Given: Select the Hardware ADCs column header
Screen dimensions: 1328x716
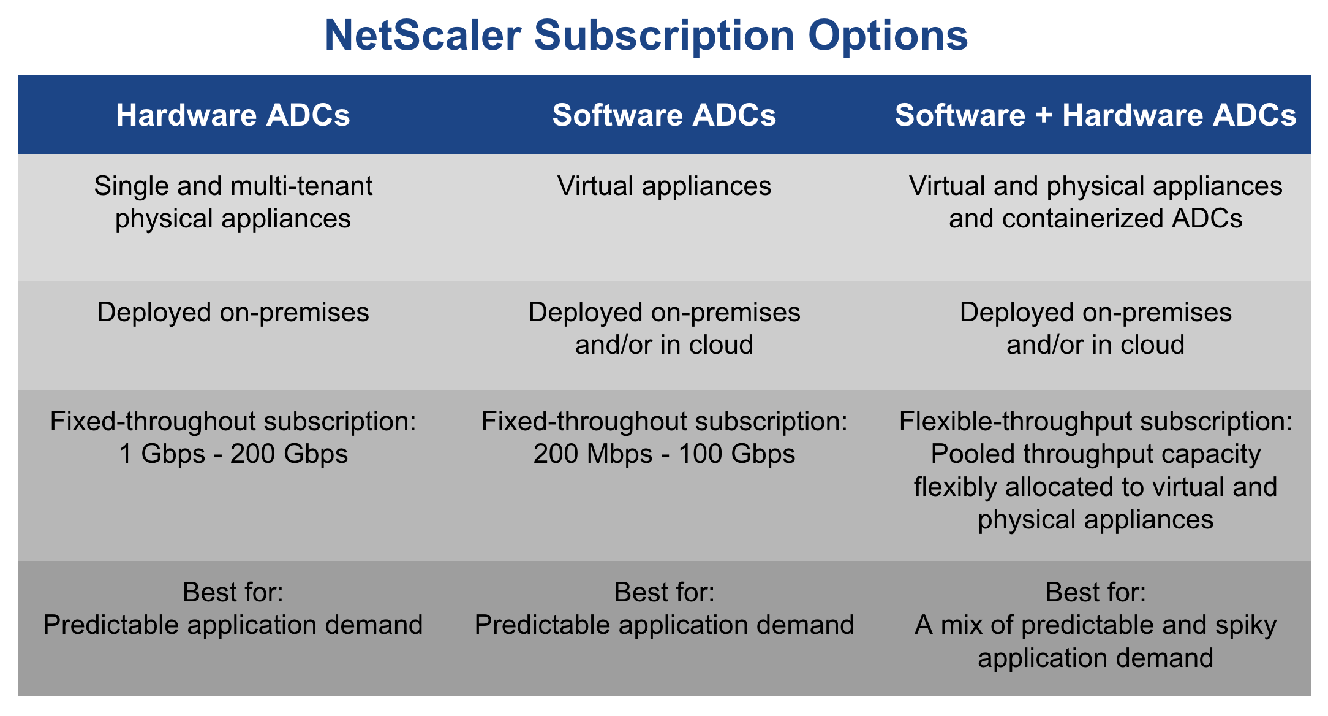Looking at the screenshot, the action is click(x=233, y=115).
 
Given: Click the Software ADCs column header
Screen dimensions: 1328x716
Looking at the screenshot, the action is click(x=664, y=115).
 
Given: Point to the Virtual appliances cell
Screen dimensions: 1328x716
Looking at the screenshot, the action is click(x=664, y=186).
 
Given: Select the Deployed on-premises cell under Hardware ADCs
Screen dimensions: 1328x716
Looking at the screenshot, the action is click(x=233, y=313).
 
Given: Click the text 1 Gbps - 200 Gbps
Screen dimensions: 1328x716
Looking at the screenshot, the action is click(x=233, y=454).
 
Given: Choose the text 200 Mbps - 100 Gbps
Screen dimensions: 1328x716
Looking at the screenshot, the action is click(x=664, y=454).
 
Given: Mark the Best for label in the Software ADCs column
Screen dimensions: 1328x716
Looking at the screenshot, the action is click(x=664, y=593).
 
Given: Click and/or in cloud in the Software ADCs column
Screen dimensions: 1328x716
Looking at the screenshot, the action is click(x=664, y=345).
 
